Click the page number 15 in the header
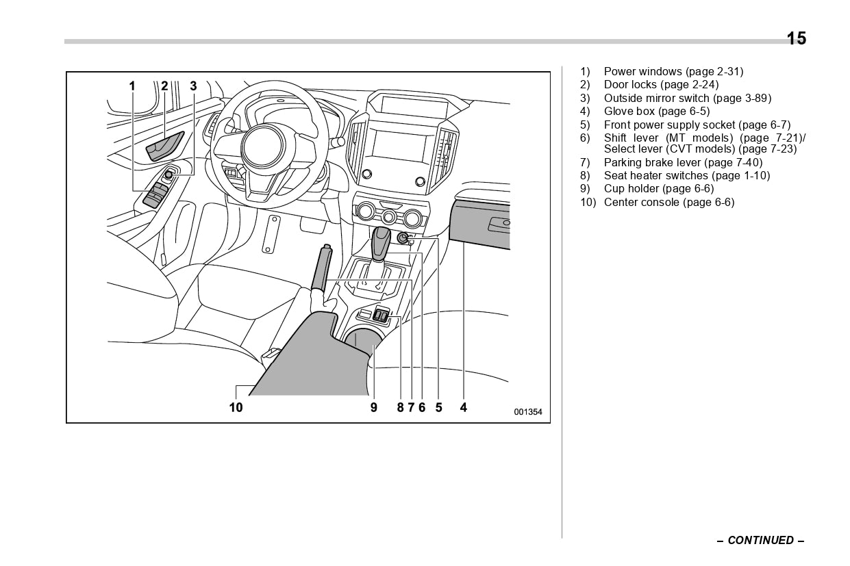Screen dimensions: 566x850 pos(796,38)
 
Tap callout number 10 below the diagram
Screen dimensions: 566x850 pos(236,408)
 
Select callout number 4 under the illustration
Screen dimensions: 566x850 pos(464,408)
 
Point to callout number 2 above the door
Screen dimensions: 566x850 pos(164,86)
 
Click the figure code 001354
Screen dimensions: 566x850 pos(528,412)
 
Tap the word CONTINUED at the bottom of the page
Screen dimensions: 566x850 pos(760,540)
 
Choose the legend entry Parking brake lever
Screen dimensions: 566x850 pos(682,162)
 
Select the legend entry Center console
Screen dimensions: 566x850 pos(668,202)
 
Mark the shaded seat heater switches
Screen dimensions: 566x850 pos(382,316)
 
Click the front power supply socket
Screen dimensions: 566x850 pos(403,239)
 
